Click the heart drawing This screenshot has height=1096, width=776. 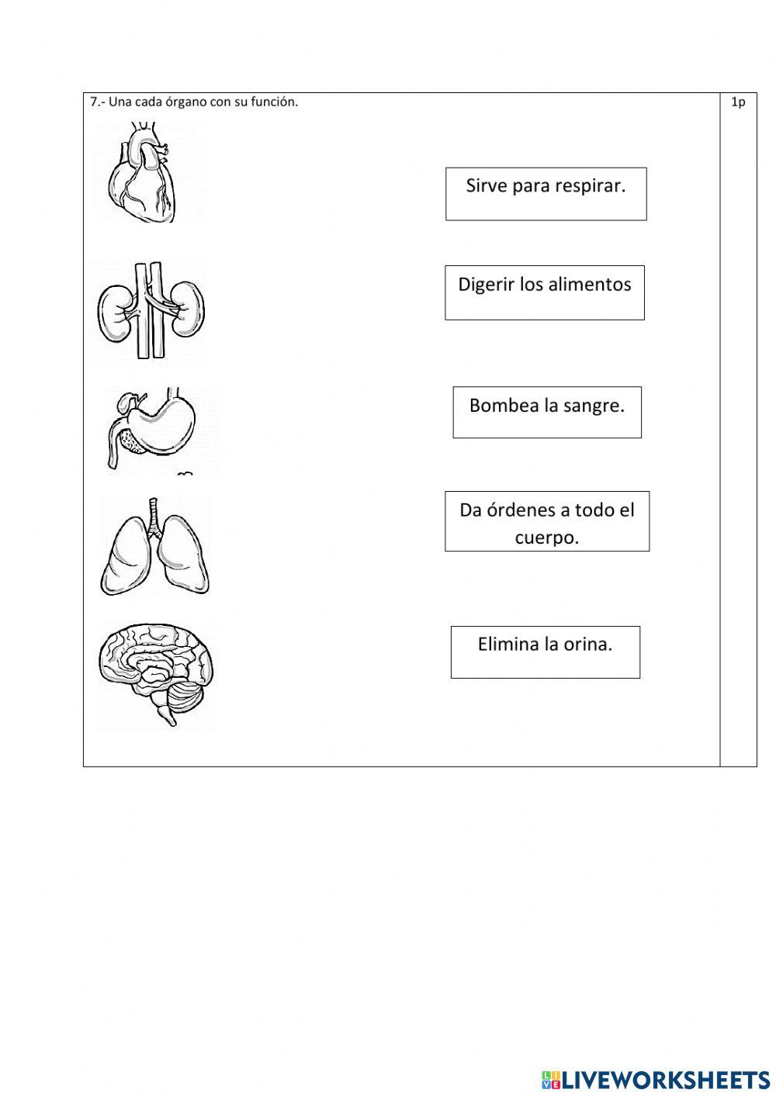[143, 175]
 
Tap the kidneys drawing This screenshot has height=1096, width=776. [151, 310]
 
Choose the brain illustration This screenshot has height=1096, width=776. [155, 672]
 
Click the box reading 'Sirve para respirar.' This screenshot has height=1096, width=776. [546, 194]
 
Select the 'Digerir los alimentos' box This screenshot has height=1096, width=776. [544, 292]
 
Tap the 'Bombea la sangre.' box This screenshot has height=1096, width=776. [546, 412]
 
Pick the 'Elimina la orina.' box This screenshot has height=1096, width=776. [545, 652]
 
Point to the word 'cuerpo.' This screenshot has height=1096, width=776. [546, 538]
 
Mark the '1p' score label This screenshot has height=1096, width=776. [737, 102]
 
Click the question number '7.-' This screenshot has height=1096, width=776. [97, 102]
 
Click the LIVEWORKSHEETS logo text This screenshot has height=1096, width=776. [665, 1079]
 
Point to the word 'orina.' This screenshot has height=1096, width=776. [587, 645]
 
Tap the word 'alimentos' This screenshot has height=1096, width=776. [589, 285]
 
